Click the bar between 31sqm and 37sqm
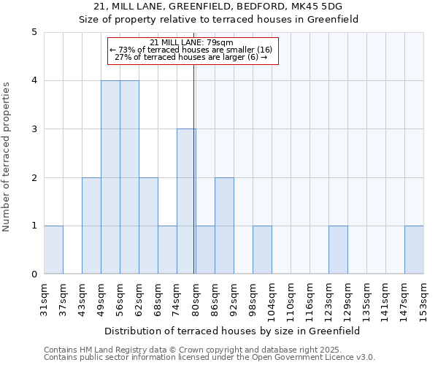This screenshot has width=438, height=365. click(x=53, y=250)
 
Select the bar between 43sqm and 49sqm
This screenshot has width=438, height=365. click(x=91, y=226)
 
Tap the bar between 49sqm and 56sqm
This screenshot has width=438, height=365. click(x=110, y=177)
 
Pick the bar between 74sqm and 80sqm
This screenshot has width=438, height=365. click(x=186, y=201)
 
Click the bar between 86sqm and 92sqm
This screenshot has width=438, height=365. click(x=224, y=226)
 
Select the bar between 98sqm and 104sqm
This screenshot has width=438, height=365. click(x=262, y=250)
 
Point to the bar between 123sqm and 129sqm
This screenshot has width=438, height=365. click(x=338, y=250)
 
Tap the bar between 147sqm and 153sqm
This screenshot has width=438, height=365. click(x=414, y=250)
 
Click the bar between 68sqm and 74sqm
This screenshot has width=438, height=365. click(x=167, y=250)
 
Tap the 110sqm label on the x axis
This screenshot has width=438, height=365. click(x=291, y=300)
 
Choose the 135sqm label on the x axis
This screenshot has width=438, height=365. click(x=367, y=300)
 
